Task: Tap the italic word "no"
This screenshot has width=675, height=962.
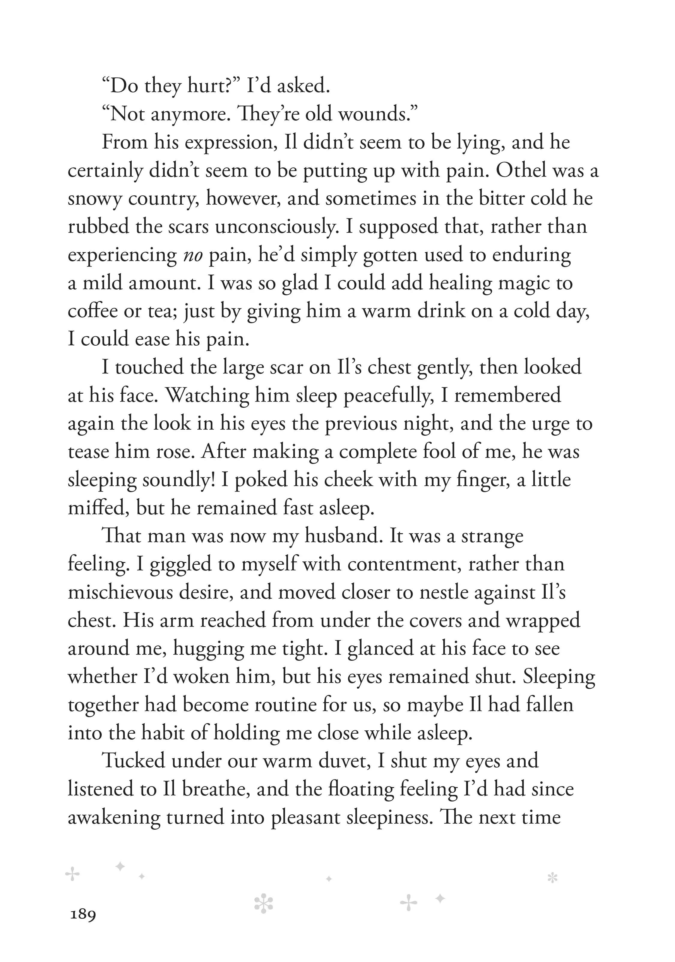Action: (193, 255)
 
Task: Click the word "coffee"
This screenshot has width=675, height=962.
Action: (93, 311)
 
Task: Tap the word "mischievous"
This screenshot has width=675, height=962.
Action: (120, 592)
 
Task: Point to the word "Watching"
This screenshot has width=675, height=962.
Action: (207, 395)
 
